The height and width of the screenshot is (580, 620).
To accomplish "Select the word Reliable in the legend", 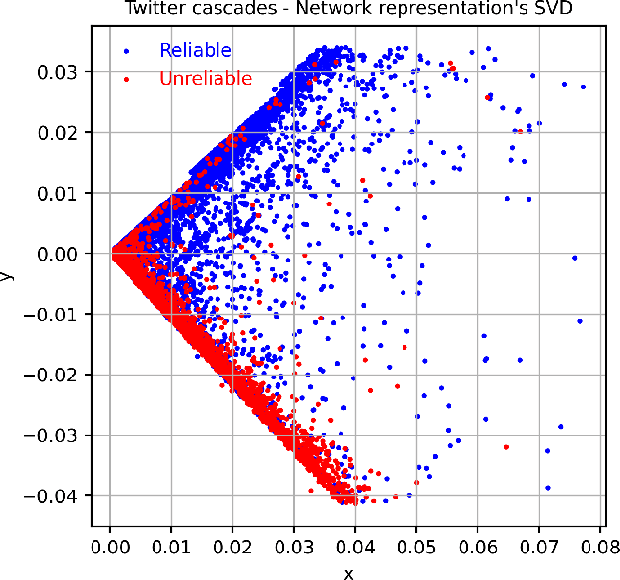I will (x=196, y=50).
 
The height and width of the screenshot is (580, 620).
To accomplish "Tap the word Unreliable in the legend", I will (x=206, y=79).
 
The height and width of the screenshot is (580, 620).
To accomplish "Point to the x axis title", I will (x=347, y=572).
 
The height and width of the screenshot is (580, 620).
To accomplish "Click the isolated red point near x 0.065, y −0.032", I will (x=506, y=447).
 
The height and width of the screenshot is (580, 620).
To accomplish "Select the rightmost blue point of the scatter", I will (x=583, y=87).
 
